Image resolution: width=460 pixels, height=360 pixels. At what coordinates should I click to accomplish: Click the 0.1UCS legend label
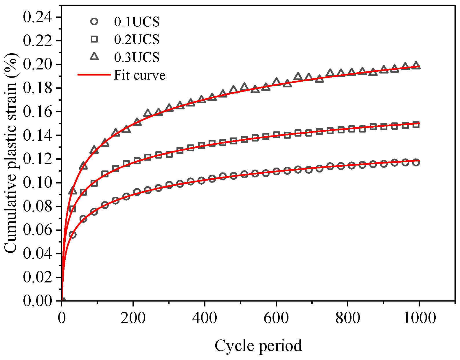(137, 22)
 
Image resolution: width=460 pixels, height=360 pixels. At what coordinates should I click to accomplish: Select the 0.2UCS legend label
(137, 40)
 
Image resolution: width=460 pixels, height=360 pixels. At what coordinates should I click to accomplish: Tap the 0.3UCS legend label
(137, 57)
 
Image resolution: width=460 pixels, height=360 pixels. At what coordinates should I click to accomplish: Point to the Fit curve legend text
(139, 75)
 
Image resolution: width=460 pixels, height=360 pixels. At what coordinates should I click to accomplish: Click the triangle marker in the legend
(94, 57)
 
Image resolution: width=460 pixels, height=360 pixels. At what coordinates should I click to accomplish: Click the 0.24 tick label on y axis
(38, 17)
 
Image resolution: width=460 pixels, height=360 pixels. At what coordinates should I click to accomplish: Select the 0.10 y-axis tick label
(38, 183)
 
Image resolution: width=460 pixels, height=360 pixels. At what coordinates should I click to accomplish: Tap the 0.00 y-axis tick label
(38, 301)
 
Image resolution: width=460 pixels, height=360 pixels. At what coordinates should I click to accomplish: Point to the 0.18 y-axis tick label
(38, 88)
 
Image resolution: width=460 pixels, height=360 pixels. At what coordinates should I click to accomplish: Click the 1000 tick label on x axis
(419, 318)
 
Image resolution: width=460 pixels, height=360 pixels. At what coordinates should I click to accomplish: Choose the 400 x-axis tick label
(204, 318)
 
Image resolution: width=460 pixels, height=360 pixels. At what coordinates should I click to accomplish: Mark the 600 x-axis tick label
(276, 318)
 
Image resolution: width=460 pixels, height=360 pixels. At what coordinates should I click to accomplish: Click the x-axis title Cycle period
(258, 346)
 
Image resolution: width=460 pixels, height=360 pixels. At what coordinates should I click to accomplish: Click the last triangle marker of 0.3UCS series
(416, 65)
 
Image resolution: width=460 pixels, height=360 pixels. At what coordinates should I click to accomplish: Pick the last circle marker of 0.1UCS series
(416, 163)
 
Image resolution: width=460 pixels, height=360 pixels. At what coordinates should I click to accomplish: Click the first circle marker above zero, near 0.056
(73, 235)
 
